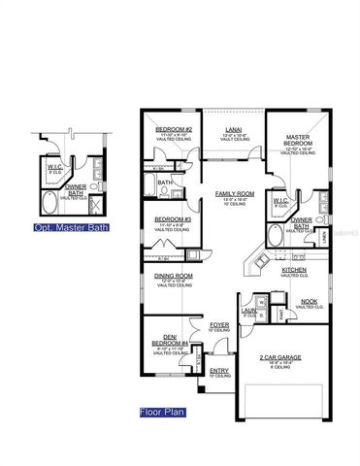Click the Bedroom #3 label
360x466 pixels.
tap(172, 220)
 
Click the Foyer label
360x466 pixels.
tap(219, 325)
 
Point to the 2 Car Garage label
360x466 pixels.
tap(278, 358)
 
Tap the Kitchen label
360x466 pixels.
tap(294, 270)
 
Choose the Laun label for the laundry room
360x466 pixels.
tap(249, 312)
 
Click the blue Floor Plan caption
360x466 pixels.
tap(163, 411)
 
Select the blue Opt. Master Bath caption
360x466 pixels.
tap(70, 228)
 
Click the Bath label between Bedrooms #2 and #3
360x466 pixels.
tap(165, 182)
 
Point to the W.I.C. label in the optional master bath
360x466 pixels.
tap(55, 168)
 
